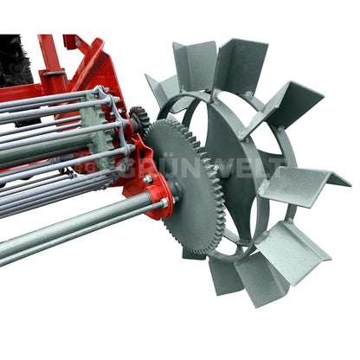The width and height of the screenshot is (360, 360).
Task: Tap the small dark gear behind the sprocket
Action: [x=138, y=119]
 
